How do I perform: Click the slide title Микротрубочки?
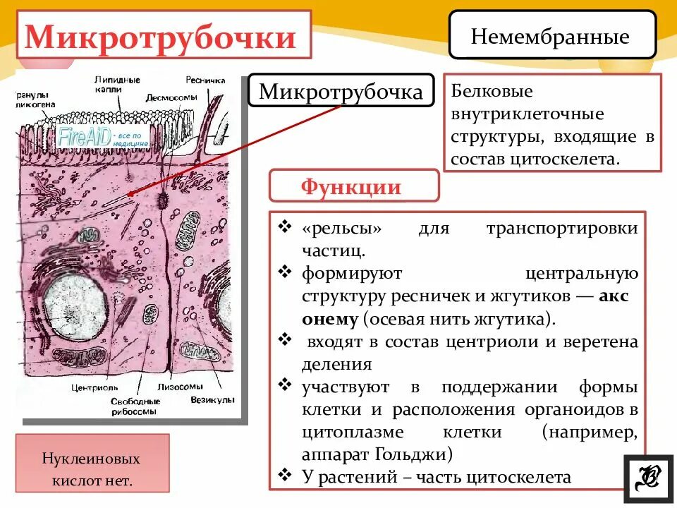coord(160,37)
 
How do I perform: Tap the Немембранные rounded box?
coord(550,35)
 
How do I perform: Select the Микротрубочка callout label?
coord(341,92)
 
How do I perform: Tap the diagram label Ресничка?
coord(205,80)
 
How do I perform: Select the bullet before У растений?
coord(285,476)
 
